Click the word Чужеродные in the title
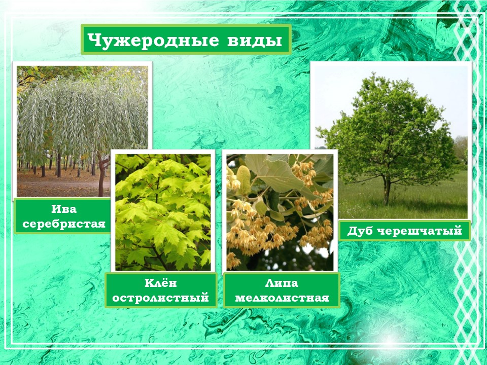(153, 41)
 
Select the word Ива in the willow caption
(64, 209)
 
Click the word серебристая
(64, 224)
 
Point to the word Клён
(161, 283)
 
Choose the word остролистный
(161, 298)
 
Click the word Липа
(282, 283)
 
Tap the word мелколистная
(282, 298)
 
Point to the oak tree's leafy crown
(388, 130)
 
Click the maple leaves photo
(163, 212)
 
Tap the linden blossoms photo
(280, 212)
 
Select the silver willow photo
(82, 131)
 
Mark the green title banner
(186, 40)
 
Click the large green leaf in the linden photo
(276, 174)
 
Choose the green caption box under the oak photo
(404, 230)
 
